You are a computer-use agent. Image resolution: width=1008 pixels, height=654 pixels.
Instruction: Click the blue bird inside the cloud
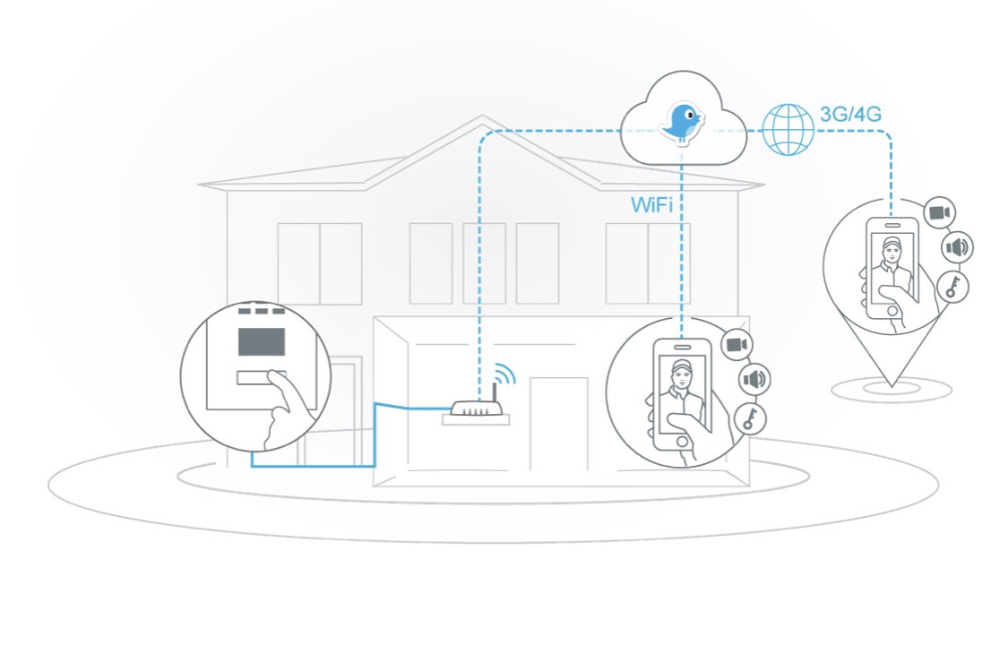[682, 122]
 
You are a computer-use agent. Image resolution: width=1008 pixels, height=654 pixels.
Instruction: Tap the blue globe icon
[788, 129]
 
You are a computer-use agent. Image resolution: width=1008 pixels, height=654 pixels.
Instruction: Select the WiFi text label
[652, 205]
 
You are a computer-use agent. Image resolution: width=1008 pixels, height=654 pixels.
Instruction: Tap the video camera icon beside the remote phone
[939, 212]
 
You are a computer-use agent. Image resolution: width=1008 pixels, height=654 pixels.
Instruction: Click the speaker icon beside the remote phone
[956, 247]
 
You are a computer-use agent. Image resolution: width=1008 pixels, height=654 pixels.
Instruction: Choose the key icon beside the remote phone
[952, 286]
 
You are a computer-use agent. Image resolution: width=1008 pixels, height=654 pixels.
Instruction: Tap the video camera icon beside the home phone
[737, 345]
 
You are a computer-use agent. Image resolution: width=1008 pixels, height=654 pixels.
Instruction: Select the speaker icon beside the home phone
[754, 380]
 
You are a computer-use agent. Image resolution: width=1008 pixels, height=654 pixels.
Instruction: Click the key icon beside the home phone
[748, 418]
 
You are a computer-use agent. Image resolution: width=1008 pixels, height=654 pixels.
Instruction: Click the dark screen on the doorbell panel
[261, 342]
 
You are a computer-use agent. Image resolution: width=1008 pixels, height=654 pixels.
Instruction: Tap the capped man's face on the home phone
[682, 377]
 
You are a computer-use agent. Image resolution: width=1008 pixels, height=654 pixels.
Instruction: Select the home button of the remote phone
[893, 310]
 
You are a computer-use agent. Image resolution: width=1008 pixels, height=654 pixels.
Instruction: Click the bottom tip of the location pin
[891, 386]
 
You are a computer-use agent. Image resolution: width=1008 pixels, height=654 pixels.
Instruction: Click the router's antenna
[492, 392]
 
